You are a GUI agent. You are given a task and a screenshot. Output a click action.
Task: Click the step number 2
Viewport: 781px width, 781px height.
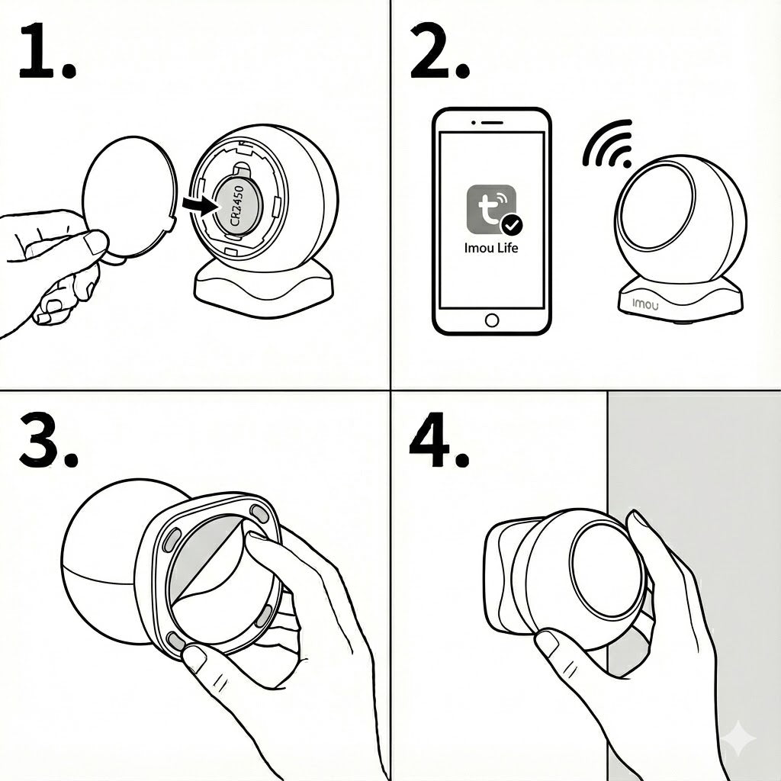(x=439, y=51)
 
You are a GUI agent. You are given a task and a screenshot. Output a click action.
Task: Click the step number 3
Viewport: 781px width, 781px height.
(x=48, y=441)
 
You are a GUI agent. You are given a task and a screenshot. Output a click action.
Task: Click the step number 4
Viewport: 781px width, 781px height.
(x=439, y=440)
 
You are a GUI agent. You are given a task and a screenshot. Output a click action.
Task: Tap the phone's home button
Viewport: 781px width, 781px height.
(x=492, y=320)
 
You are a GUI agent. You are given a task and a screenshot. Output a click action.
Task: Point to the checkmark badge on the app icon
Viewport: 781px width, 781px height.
(x=512, y=225)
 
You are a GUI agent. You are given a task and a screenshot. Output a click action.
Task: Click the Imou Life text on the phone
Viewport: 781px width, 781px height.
(x=491, y=248)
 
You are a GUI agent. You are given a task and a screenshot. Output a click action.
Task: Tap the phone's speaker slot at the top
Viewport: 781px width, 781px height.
(x=491, y=123)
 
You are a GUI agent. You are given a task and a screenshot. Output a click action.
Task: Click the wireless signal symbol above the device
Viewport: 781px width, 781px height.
(x=608, y=144)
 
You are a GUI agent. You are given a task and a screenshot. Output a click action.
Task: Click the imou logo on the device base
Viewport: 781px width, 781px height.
(x=645, y=304)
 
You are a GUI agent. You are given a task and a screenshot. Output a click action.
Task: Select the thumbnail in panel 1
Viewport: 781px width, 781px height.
(x=95, y=243)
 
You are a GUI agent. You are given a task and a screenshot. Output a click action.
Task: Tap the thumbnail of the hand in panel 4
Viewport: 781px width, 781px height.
(x=547, y=644)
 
